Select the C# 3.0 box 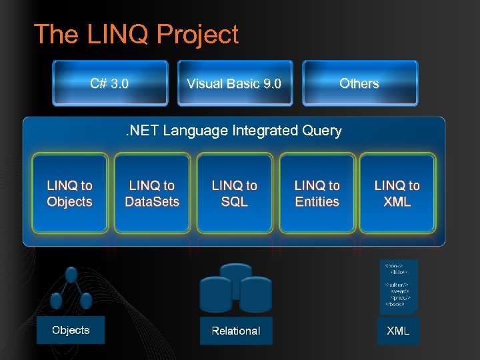110,83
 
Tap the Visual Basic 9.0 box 234,83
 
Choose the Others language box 359,83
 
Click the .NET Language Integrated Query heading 234,131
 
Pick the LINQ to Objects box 69,193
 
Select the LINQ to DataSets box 152,193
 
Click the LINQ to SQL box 234,193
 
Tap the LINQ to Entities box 317,193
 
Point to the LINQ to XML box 397,193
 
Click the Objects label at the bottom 71,330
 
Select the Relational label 236,331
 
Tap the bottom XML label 399,330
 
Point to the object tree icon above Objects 71,290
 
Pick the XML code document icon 398,285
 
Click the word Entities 317,201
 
